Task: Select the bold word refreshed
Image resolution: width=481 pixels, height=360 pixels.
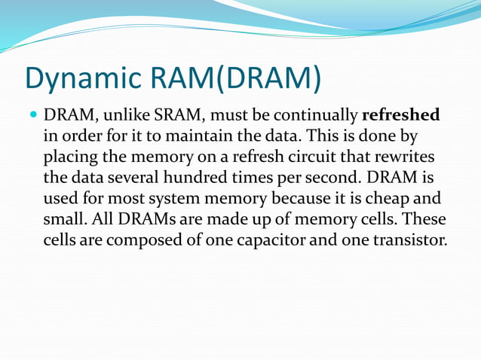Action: click(401, 117)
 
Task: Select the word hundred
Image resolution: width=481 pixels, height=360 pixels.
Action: click(204, 179)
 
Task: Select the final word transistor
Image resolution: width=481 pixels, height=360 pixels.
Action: click(406, 240)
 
